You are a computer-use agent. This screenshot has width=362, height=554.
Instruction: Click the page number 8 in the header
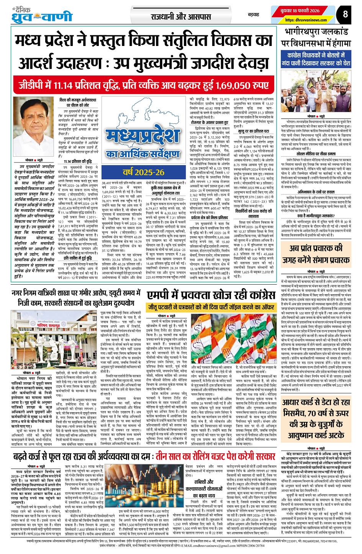345,15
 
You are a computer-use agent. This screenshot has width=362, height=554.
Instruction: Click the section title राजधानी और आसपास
180,16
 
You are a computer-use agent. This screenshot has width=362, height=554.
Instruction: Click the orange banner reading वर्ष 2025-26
143,172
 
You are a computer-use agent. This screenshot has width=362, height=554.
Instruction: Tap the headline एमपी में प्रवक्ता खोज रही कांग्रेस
211,295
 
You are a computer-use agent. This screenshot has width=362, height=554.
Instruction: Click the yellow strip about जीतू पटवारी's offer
211,307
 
